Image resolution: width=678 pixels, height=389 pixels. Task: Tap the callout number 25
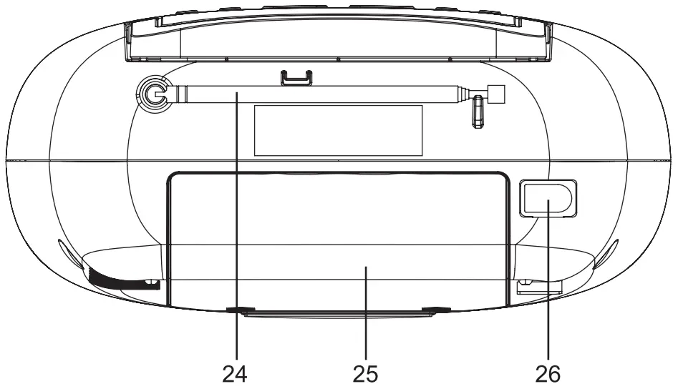click(x=365, y=373)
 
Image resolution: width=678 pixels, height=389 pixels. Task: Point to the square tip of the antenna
click(x=495, y=93)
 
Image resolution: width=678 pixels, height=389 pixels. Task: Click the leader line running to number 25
click(x=365, y=315)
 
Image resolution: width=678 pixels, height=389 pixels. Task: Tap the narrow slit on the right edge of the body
click(x=609, y=255)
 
